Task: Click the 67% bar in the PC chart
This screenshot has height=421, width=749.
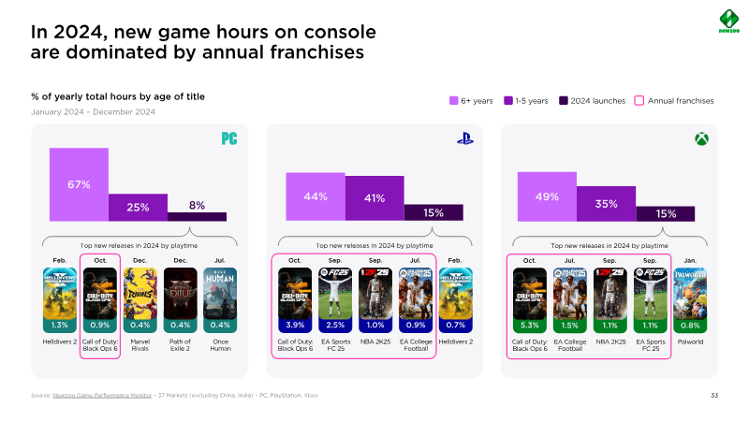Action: [x=79, y=184]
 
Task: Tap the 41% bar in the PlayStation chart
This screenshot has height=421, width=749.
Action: [x=374, y=197]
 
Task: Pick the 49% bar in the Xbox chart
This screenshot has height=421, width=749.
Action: [x=547, y=196]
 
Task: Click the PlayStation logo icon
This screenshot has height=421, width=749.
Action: [x=464, y=139]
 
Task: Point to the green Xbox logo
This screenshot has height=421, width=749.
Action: [x=700, y=139]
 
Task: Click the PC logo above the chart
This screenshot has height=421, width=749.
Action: [x=228, y=139]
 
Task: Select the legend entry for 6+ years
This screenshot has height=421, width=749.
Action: [x=474, y=100]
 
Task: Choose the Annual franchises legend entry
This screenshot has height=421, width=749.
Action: [x=674, y=100]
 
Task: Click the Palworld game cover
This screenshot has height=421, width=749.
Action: [x=690, y=293]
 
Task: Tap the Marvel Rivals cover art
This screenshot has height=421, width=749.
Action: [x=140, y=293]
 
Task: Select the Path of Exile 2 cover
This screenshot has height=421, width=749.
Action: [x=181, y=293]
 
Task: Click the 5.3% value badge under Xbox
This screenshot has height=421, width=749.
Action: [x=530, y=325]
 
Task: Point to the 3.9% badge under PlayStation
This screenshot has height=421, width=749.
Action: [x=295, y=325]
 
